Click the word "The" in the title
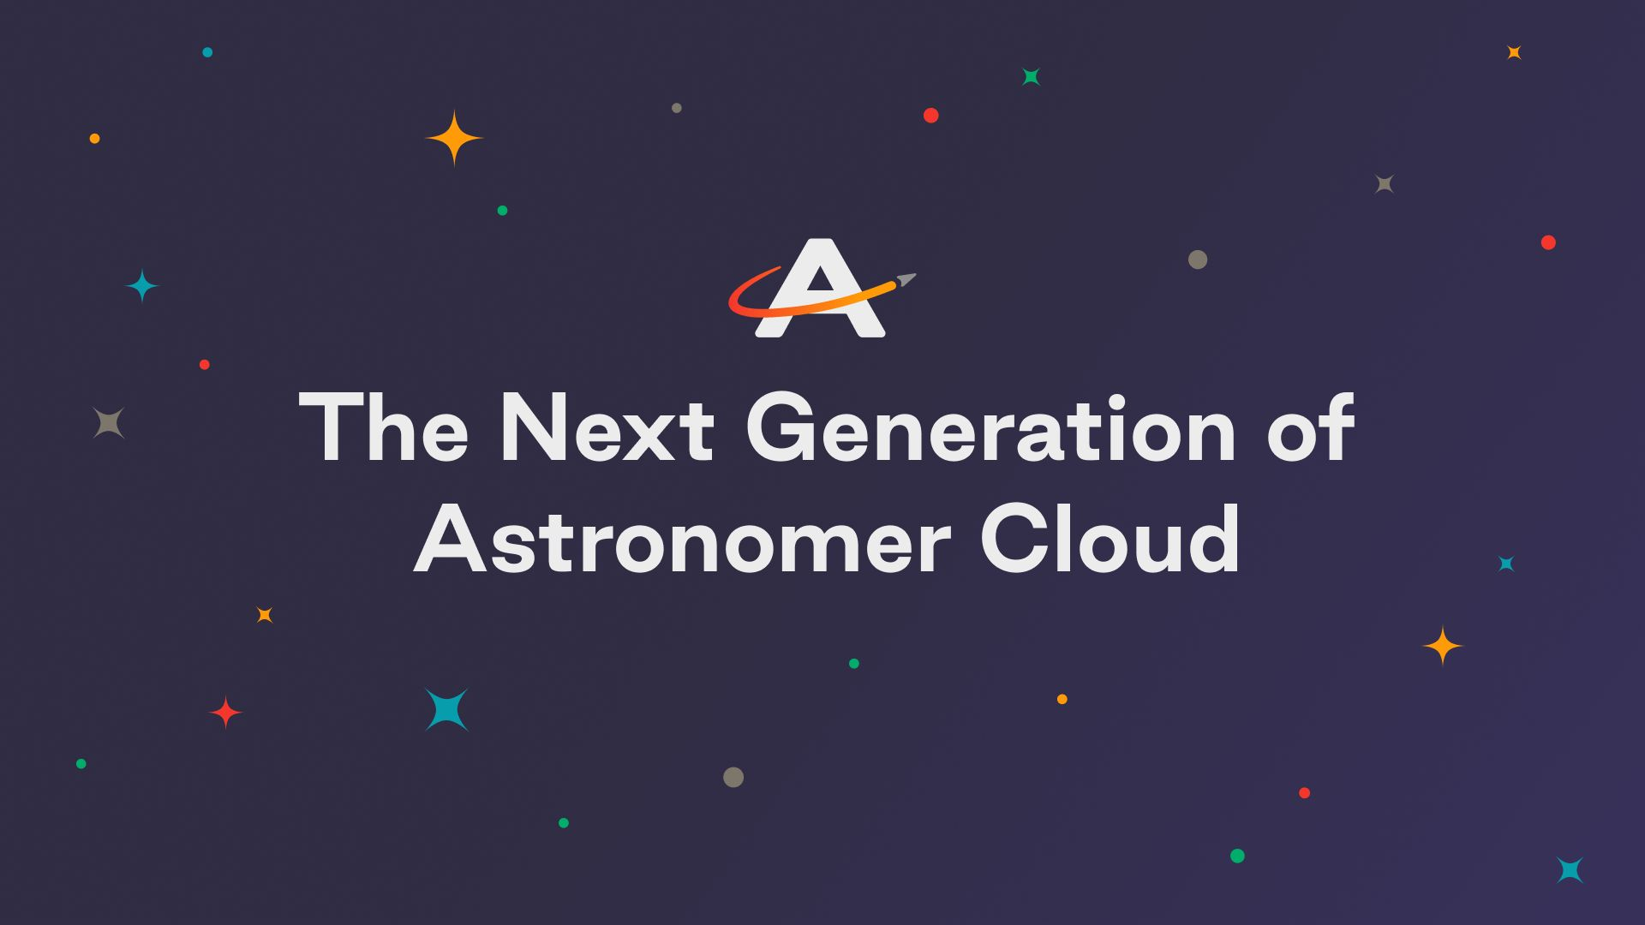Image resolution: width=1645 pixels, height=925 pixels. point(384,427)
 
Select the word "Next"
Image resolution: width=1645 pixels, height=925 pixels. point(607,427)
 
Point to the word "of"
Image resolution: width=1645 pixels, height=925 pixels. point(1311,427)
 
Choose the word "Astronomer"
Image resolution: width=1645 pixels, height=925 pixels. point(682,540)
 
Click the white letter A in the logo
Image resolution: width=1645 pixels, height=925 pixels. point(820,288)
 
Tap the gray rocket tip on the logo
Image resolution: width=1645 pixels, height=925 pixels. point(906,279)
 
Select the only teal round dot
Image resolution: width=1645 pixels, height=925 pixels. point(207,52)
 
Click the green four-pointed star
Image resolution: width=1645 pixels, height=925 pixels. point(1032,77)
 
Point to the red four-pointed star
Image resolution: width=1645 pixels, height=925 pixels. point(226,712)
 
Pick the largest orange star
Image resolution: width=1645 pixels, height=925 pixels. point(454,137)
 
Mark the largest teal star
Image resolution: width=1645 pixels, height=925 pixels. point(447,710)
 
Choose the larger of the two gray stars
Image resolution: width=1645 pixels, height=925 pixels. point(109,423)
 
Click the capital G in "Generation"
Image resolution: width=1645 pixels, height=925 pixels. point(780,427)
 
